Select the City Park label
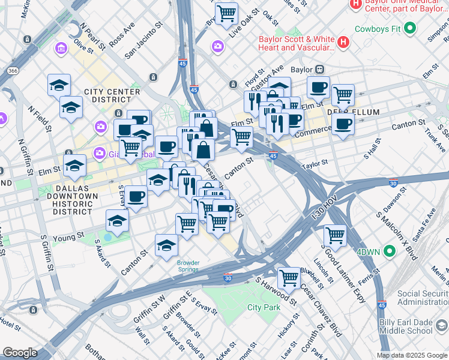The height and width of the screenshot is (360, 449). click(x=264, y=307)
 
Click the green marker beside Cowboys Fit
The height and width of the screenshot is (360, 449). click(x=410, y=28)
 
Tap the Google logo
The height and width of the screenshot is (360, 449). click(x=20, y=353)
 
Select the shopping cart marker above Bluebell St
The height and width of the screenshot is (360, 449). click(x=289, y=277)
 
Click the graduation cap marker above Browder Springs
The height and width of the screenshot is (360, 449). click(x=166, y=245)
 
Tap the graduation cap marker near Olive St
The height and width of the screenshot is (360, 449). click(x=59, y=85)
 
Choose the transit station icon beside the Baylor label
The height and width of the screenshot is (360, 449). click(x=321, y=69)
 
